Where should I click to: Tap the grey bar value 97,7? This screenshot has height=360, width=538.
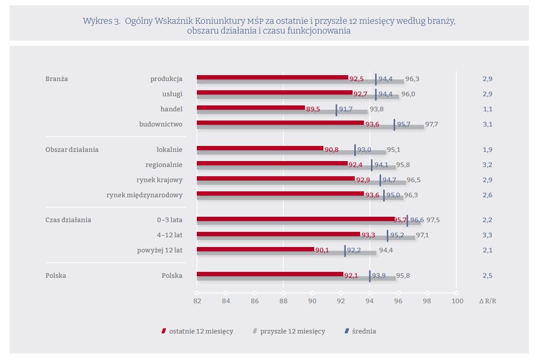coord(431,124)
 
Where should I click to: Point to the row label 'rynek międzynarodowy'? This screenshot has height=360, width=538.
coord(144,195)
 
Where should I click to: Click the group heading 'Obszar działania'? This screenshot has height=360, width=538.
coord(72,150)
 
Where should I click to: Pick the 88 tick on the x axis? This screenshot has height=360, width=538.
coord(283,301)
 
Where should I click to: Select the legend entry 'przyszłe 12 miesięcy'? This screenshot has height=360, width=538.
coord(292,331)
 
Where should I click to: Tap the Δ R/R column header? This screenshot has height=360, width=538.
coord(487,301)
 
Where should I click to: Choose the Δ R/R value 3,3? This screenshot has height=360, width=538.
coord(487,235)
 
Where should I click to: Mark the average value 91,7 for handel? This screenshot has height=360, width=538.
coord(346,109)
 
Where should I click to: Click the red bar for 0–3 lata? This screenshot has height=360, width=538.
coord(295,218)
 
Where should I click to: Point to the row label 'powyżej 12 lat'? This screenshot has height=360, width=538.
coord(160,250)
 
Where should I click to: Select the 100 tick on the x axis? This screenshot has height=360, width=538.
coord(457,301)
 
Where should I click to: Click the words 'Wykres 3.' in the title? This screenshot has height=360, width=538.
coord(101,21)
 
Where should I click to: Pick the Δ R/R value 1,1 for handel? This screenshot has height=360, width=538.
coord(487,109)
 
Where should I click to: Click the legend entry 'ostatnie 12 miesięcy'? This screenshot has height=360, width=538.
coord(201,331)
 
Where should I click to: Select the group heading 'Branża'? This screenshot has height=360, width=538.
coord(57,79)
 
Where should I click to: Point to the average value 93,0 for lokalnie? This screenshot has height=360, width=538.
coord(364,150)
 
